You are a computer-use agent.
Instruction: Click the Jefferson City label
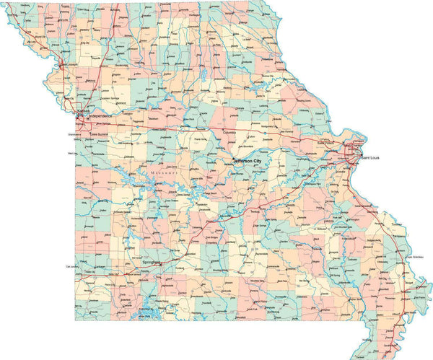click(247, 161)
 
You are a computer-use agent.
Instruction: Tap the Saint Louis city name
click(370, 157)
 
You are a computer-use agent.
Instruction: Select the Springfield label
click(152, 263)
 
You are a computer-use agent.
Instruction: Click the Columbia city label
click(229, 133)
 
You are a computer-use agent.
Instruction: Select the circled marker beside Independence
click(82, 115)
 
